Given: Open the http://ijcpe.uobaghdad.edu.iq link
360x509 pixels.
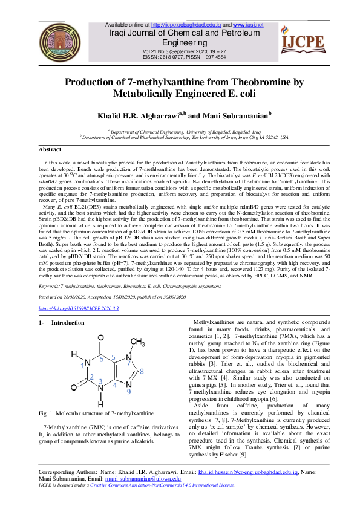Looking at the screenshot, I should [185, 25].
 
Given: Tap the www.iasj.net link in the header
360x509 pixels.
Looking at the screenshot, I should [246, 25].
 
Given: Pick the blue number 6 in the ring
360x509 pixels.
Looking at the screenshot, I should [102, 358].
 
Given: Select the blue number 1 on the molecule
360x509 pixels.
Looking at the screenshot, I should [83, 365].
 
